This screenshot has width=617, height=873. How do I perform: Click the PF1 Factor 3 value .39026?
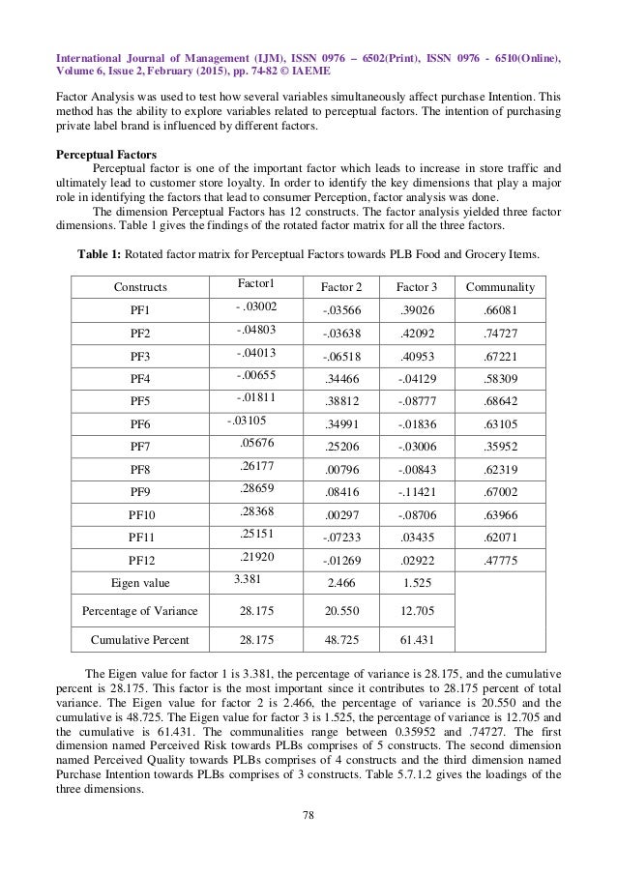tap(417, 311)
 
